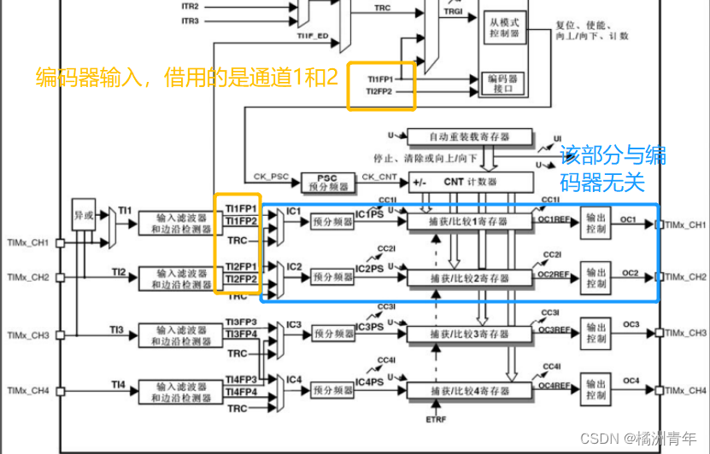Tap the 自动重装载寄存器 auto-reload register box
[x=468, y=137]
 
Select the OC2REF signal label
[x=553, y=274]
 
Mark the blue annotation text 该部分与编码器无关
[x=613, y=168]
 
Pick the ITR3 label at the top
[x=190, y=20]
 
